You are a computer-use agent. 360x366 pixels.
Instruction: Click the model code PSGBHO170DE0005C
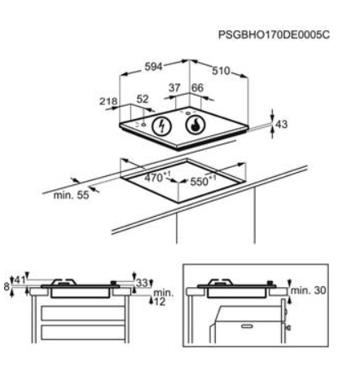[274, 35]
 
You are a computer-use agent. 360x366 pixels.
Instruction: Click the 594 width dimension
[153, 67]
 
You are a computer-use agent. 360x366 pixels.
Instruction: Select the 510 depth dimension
[221, 71]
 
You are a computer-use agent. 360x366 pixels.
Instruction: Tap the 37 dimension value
[174, 88]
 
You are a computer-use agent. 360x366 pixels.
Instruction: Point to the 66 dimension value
[197, 88]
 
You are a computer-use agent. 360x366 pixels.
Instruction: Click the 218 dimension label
[108, 101]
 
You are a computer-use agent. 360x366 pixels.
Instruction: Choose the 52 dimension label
[143, 99]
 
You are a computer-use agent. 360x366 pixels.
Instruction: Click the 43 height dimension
[281, 124]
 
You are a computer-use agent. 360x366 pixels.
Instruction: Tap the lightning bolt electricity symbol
[162, 126]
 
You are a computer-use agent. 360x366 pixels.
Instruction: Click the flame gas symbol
[195, 125]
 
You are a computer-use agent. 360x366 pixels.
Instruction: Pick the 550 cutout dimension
[203, 181]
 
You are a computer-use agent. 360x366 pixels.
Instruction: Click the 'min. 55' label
[71, 195]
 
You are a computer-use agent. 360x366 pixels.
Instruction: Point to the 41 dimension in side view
[20, 280]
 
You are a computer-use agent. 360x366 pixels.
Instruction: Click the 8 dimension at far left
[7, 286]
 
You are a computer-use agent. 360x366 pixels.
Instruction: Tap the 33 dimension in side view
[142, 284]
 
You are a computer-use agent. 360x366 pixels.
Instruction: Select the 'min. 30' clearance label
[308, 290]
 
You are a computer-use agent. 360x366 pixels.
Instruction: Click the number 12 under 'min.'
[160, 302]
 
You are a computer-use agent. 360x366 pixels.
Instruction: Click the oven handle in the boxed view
[248, 326]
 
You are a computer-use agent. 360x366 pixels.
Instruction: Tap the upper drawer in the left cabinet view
[83, 313]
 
